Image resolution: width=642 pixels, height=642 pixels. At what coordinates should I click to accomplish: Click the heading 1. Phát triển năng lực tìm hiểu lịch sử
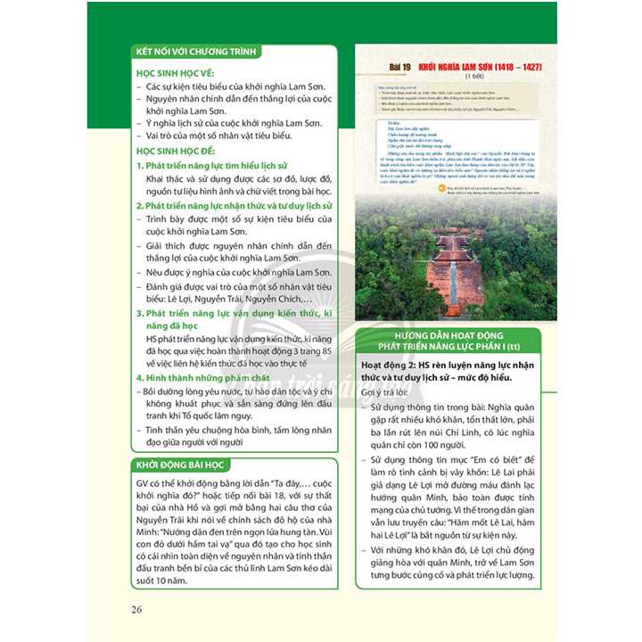[219, 166]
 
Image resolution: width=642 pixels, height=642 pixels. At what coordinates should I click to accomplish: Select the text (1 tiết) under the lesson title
[457, 77]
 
